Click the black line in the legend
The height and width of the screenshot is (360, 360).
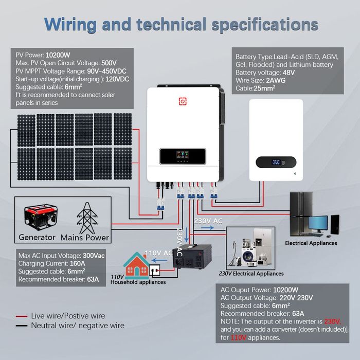pyautogui.click(x=21, y=326)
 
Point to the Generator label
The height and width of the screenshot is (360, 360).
pyautogui.click(x=37, y=238)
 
